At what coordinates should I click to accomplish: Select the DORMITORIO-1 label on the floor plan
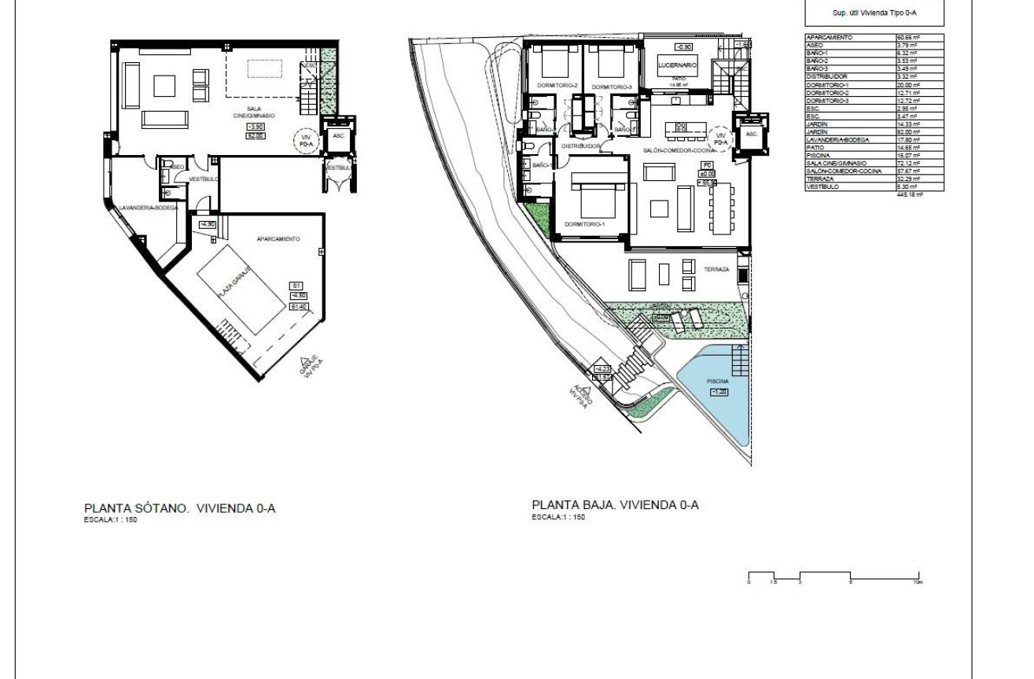point(583,225)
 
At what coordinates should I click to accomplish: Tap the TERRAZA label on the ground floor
point(717,269)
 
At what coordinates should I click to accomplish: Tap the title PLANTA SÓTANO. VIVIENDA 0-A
point(179,508)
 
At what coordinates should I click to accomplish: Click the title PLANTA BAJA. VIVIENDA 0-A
point(615,504)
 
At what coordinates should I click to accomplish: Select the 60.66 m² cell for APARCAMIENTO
point(907,37)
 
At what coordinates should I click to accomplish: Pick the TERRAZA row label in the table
point(819,179)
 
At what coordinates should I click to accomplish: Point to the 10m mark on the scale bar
point(918,582)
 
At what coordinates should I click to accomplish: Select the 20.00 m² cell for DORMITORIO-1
point(907,85)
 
